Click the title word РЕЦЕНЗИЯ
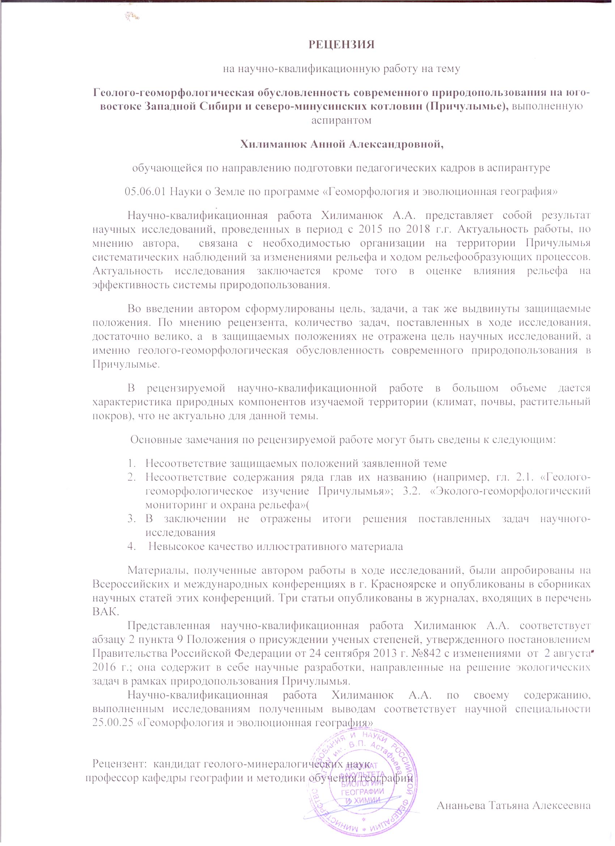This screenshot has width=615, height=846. tap(341, 45)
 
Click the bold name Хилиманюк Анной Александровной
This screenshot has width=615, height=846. tap(342, 144)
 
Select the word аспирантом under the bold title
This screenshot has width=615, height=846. tap(341, 120)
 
